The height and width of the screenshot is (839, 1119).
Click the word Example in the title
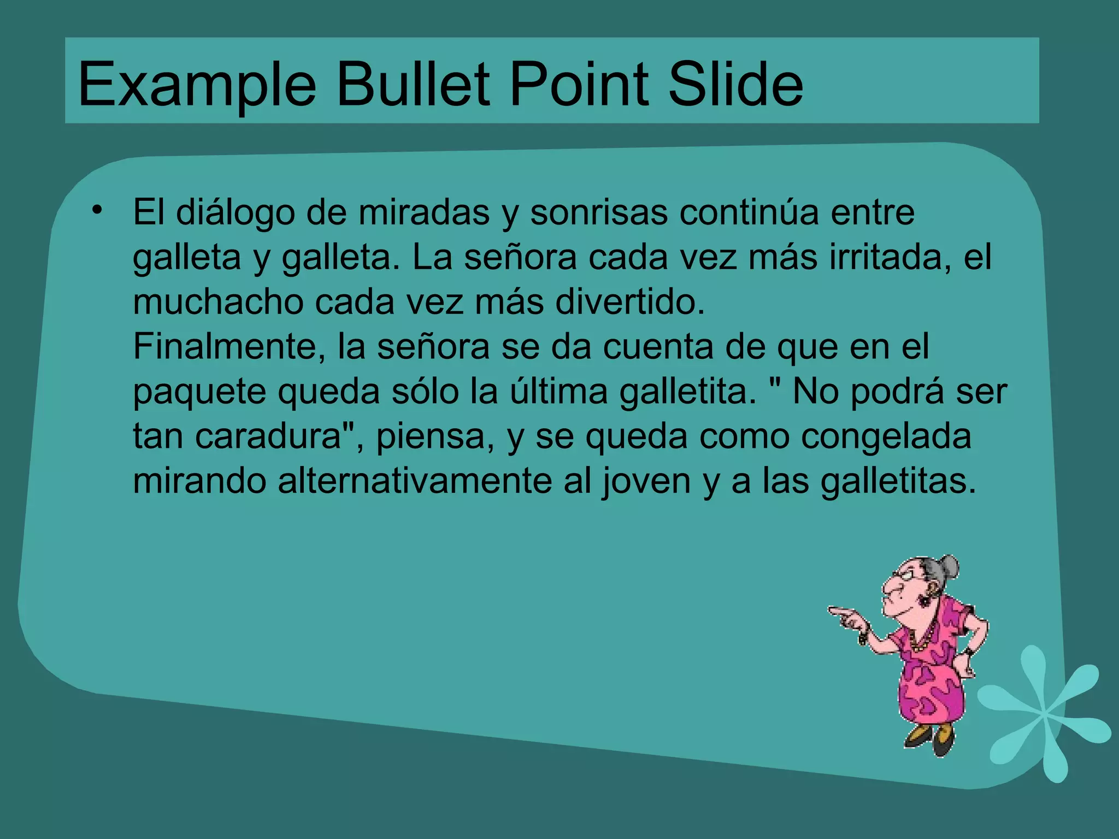(x=197, y=85)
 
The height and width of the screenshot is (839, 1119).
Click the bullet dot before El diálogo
(x=97, y=210)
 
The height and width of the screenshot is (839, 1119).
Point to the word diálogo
(x=235, y=212)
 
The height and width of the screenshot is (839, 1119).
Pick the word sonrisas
(x=599, y=212)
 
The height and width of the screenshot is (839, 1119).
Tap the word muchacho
(x=218, y=302)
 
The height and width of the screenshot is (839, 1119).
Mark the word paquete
(x=199, y=392)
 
